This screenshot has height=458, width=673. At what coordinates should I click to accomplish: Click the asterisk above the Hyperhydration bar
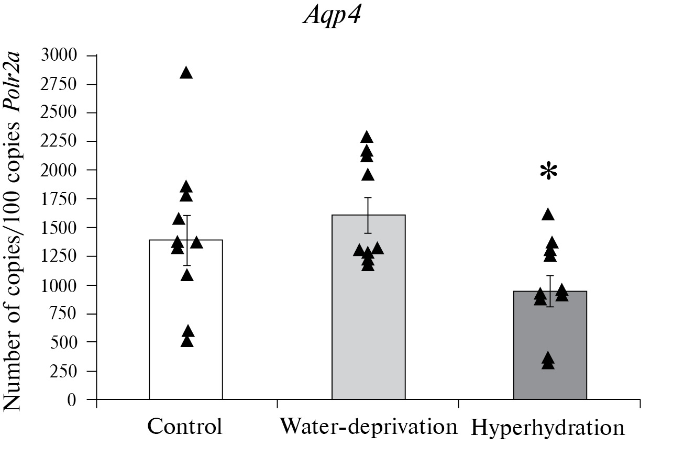click(x=548, y=172)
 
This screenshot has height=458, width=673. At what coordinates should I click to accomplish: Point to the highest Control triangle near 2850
click(x=186, y=73)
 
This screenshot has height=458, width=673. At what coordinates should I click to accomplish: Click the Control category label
click(x=185, y=427)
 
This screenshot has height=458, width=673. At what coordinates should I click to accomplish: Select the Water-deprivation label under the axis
click(x=368, y=427)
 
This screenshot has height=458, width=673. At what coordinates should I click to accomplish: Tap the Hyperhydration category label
click(x=548, y=428)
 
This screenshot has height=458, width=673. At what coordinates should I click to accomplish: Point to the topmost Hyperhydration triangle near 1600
click(x=548, y=214)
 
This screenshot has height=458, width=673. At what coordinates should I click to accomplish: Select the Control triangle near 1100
click(x=187, y=275)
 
